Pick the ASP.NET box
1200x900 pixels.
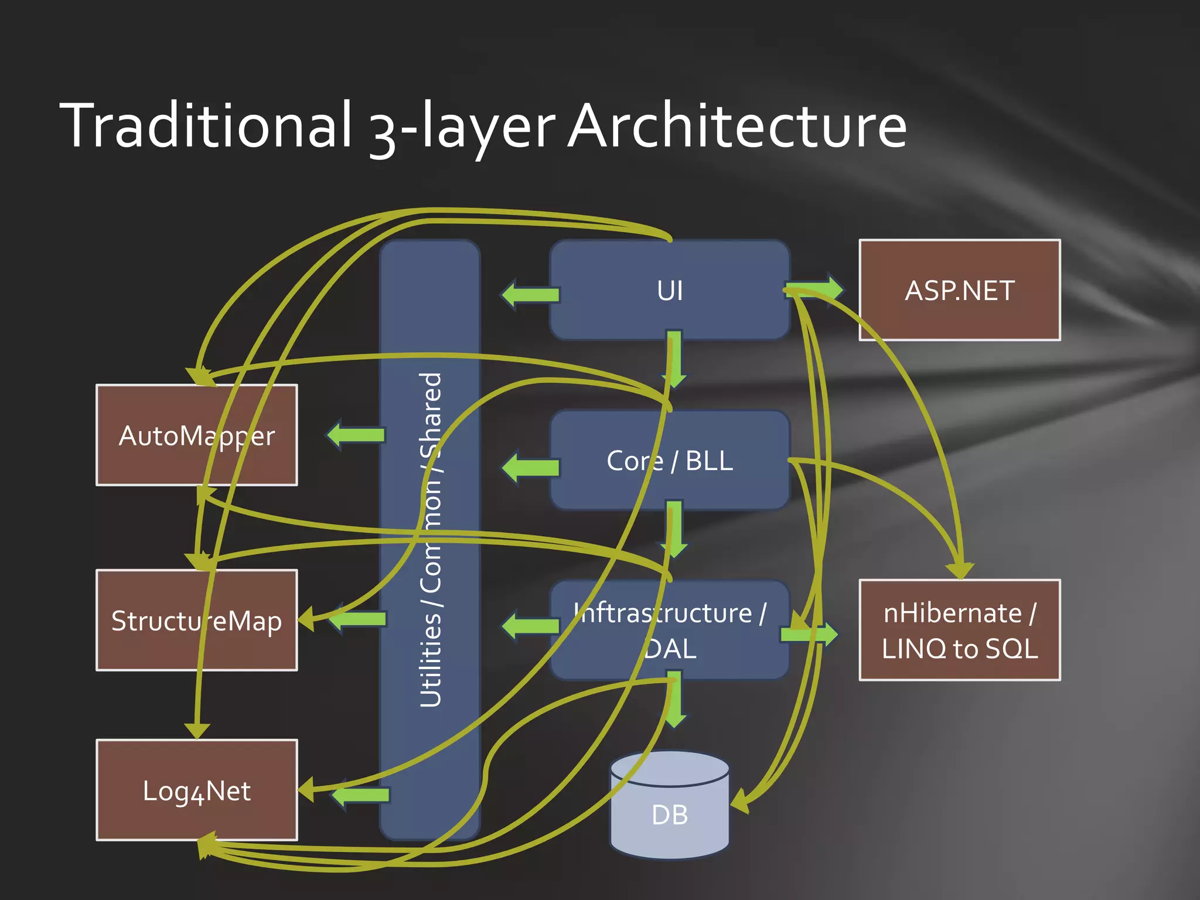pos(960,290)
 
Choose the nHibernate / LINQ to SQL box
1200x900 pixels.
pos(960,630)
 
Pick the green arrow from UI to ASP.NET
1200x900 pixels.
pos(814,288)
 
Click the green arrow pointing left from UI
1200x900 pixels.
pos(530,294)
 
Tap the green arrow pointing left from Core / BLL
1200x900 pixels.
pos(530,467)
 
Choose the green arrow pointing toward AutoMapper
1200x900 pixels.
pos(356,435)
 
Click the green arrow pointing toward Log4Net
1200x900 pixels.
pos(360,795)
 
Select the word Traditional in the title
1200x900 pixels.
pos(206,125)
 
